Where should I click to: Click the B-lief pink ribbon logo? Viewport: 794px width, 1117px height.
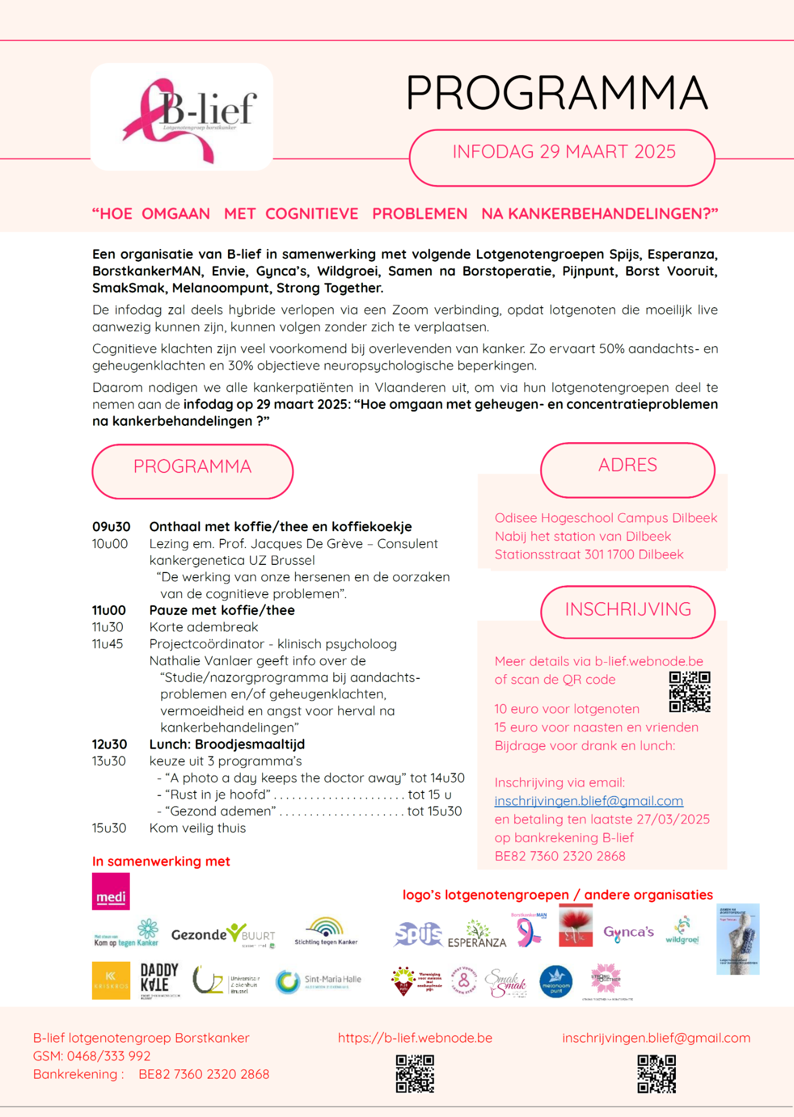(181, 117)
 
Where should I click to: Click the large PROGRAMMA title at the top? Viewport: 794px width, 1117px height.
(557, 93)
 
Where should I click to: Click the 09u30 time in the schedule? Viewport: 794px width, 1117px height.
(111, 527)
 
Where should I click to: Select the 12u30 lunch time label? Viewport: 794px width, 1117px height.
(109, 745)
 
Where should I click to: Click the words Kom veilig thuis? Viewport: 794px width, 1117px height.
(198, 828)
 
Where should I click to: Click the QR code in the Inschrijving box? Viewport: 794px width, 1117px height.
(689, 692)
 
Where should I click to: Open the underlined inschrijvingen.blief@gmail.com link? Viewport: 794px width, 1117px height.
(589, 801)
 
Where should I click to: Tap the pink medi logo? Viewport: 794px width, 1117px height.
(111, 891)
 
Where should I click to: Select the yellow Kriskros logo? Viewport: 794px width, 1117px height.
(111, 980)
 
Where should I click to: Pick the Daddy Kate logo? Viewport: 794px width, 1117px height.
(159, 980)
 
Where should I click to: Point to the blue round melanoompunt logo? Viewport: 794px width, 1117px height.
(556, 981)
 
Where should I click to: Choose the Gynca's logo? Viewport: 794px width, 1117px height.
(628, 933)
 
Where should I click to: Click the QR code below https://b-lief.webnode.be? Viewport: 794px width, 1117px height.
(415, 1074)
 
